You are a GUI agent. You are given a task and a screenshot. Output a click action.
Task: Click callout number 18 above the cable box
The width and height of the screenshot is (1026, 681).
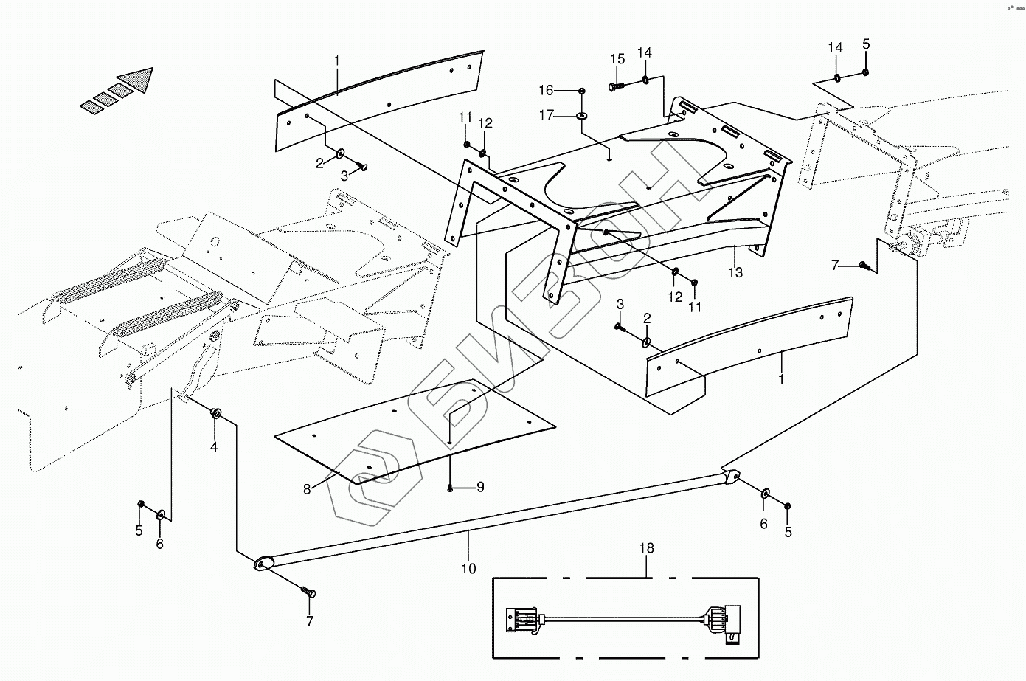[647, 549]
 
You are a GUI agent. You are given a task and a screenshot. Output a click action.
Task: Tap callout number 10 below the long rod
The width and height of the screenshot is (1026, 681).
[468, 568]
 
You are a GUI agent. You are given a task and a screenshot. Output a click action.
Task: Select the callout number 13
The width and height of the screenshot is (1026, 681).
[735, 272]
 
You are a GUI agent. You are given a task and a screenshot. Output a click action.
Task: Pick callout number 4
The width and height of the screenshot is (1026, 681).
[214, 446]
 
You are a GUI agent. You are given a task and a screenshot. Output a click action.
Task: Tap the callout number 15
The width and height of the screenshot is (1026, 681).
[617, 59]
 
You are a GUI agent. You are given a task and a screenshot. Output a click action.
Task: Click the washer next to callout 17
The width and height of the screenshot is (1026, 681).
[583, 116]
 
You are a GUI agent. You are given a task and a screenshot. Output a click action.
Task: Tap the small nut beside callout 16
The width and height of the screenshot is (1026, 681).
[582, 91]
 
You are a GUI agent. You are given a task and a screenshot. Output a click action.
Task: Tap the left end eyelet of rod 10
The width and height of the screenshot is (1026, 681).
[263, 564]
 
